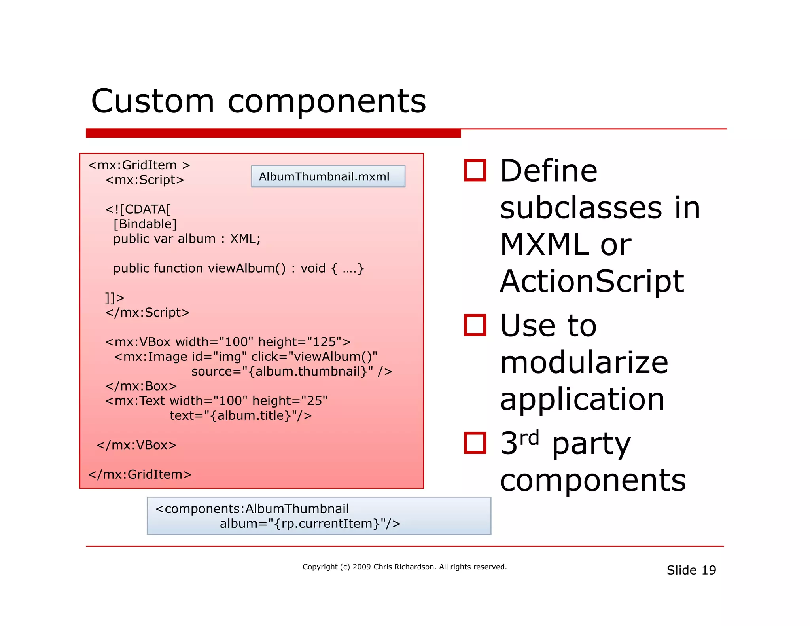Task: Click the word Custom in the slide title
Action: [x=153, y=101]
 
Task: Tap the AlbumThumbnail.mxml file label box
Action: [x=327, y=176]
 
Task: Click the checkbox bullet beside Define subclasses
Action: [x=475, y=171]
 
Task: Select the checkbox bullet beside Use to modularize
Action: [x=475, y=325]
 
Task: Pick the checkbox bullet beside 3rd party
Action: [x=475, y=442]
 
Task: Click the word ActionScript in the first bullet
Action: [x=592, y=281]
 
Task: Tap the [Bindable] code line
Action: [x=145, y=224]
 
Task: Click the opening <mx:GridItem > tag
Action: [x=139, y=165]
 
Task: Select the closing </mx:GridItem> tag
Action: [x=140, y=474]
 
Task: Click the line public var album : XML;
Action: [x=187, y=239]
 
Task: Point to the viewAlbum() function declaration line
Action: [x=238, y=268]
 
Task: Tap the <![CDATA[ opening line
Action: [x=138, y=209]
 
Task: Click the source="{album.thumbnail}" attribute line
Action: [x=291, y=372]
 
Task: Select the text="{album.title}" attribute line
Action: [x=240, y=415]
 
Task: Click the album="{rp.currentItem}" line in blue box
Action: [x=310, y=524]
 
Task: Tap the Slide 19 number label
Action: [x=691, y=570]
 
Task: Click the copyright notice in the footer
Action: [x=404, y=567]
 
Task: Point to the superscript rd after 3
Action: [x=529, y=438]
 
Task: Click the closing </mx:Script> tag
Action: [x=147, y=313]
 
